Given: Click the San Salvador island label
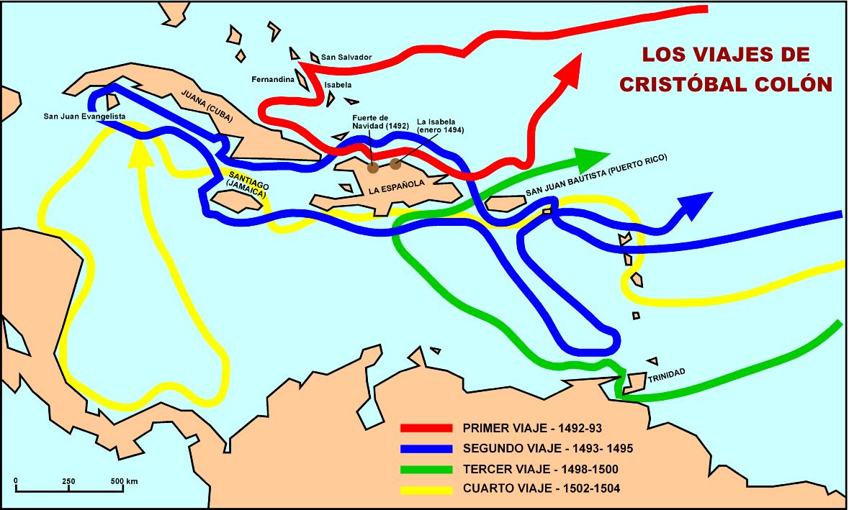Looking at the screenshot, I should coord(347,57).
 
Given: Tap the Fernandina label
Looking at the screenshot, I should coord(273,79).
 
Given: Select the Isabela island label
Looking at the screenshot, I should coord(338,84).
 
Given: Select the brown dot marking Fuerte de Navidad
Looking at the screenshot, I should coord(373,168).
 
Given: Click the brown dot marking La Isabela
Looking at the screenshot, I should coord(395,164).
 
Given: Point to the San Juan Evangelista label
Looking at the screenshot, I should coord(85,115).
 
